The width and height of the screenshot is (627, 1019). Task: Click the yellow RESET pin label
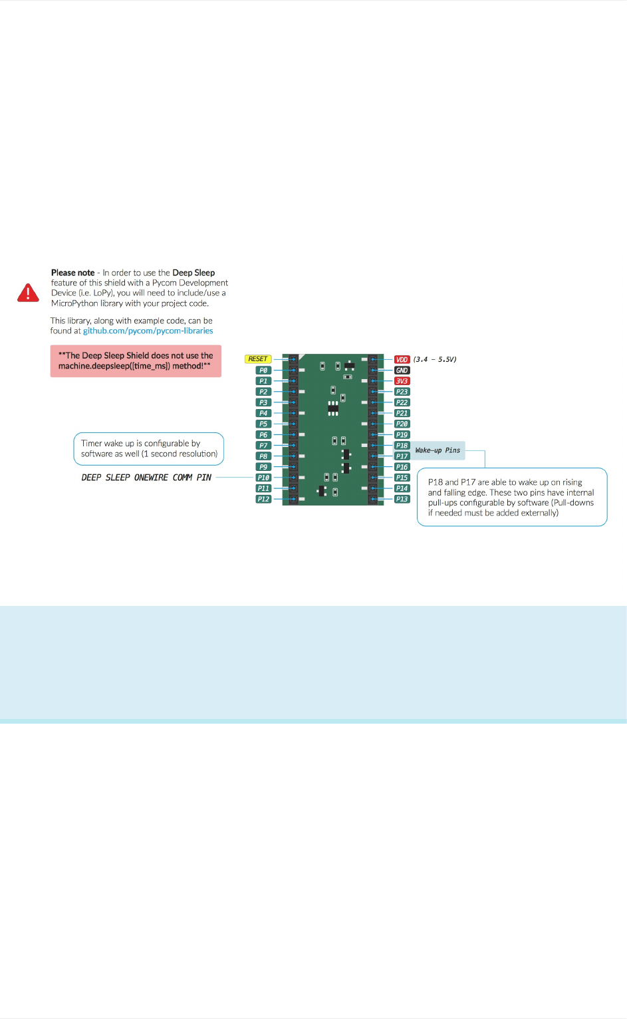click(257, 359)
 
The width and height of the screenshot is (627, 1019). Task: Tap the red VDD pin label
click(402, 360)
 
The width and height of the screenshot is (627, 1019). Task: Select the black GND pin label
click(402, 370)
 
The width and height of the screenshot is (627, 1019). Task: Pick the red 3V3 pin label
click(402, 381)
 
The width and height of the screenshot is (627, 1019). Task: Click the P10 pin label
click(263, 478)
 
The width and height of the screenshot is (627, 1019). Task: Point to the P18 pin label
click(402, 446)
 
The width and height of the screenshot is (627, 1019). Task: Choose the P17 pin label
click(402, 456)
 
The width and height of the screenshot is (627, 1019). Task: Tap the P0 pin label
click(263, 370)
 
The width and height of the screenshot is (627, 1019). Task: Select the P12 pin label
click(263, 499)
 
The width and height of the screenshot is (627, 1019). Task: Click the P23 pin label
click(402, 392)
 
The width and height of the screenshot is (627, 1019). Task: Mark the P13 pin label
click(402, 499)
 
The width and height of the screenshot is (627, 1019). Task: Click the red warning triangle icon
click(28, 293)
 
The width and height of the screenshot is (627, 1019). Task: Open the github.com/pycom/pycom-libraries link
click(148, 331)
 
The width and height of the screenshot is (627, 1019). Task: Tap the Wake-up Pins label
click(438, 450)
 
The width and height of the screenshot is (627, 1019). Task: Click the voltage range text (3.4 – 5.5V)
click(435, 360)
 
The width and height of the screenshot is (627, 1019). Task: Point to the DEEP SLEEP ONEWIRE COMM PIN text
click(146, 478)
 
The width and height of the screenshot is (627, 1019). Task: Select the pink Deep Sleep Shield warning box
click(136, 361)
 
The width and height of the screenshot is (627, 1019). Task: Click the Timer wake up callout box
click(148, 449)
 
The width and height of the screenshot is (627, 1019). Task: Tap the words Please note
click(72, 273)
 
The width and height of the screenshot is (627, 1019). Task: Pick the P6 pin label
click(263, 435)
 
